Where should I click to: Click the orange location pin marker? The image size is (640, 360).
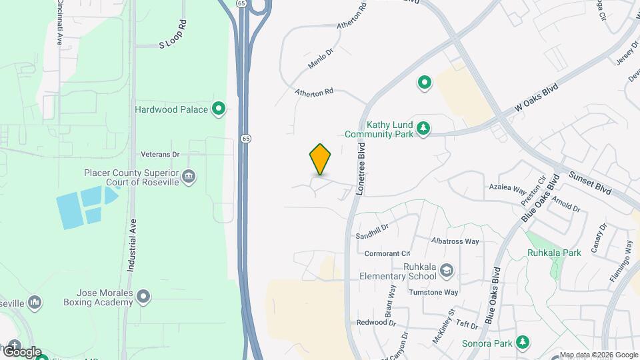pyautogui.click(x=321, y=159)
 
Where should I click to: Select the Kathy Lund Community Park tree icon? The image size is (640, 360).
pyautogui.click(x=423, y=128)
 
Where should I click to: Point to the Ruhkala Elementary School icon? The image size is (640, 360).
pyautogui.click(x=447, y=271)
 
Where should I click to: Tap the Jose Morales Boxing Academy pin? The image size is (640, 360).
pyautogui.click(x=143, y=297)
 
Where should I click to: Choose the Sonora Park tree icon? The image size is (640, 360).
pyautogui.click(x=523, y=343)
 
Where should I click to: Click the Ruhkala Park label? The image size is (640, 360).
pyautogui.click(x=554, y=253)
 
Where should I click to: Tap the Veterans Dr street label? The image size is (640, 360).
pyautogui.click(x=160, y=155)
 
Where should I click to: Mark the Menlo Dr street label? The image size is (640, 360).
pyautogui.click(x=320, y=58)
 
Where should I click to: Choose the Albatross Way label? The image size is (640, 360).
pyautogui.click(x=455, y=241)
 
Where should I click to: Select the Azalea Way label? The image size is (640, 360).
pyautogui.click(x=508, y=189)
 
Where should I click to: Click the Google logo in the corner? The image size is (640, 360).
pyautogui.click(x=21, y=351)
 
